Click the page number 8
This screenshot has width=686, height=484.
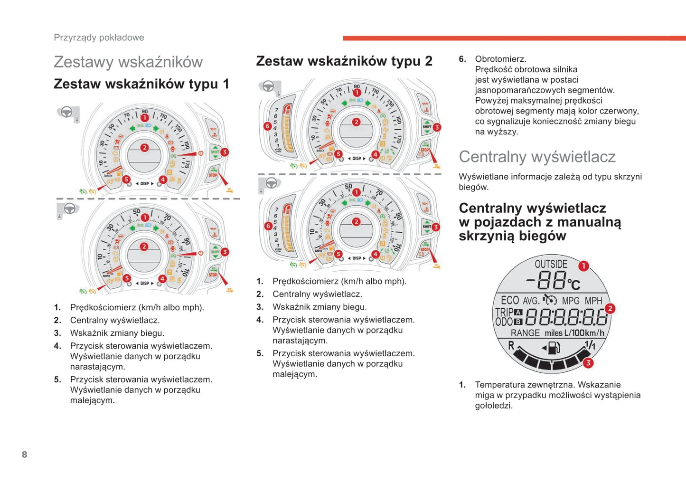(25, 455)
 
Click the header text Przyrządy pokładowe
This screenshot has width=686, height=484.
(99, 38)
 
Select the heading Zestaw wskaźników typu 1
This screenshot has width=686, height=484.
(141, 84)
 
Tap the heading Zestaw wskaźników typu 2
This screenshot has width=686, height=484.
(344, 61)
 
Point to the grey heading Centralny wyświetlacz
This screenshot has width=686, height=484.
(537, 157)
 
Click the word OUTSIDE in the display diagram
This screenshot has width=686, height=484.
(551, 264)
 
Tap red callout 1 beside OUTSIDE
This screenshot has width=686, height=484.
(583, 266)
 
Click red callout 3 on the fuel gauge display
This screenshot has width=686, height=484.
(588, 363)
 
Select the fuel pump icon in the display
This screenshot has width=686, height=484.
(553, 348)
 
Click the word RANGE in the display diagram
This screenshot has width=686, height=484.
(525, 333)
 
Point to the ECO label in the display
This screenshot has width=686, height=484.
(510, 300)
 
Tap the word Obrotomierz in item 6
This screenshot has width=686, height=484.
(500, 59)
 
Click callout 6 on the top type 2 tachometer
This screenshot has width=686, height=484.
(268, 126)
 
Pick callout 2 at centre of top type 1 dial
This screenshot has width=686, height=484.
(144, 148)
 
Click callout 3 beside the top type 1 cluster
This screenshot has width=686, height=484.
(225, 152)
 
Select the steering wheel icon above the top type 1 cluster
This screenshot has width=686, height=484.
(66, 112)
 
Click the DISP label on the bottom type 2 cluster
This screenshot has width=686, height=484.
(357, 258)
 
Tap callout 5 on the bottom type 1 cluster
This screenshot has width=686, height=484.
(127, 278)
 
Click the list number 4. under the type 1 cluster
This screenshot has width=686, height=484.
(57, 346)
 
